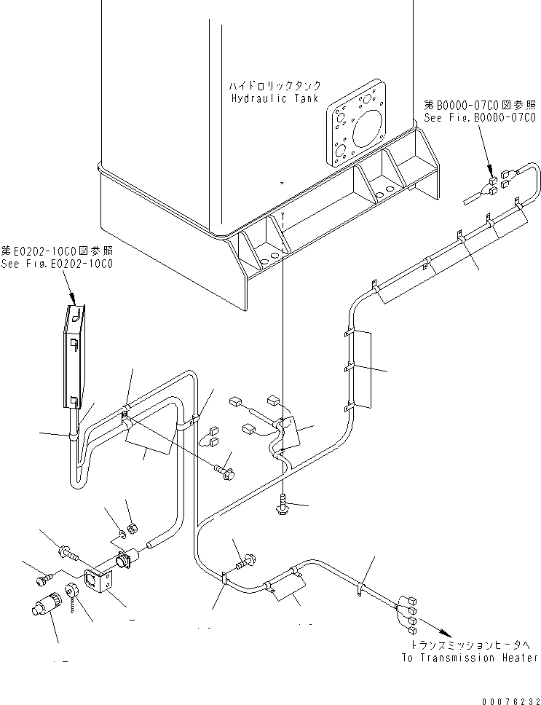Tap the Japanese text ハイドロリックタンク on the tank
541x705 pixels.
pyautogui.click(x=275, y=86)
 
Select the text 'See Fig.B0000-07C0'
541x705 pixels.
pyautogui.click(x=478, y=117)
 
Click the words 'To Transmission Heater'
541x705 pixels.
pyautogui.click(x=470, y=658)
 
